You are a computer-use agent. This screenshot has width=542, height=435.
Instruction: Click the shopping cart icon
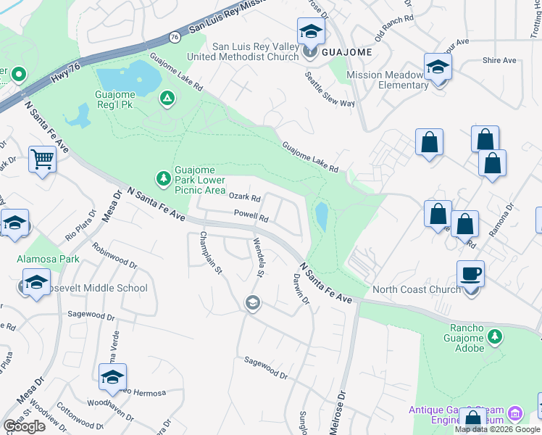(43, 159)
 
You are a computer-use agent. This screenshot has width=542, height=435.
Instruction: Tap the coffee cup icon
(471, 274)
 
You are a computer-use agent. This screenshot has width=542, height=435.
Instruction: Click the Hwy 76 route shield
(175, 36)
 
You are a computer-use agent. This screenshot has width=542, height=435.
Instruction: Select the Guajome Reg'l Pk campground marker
(167, 97)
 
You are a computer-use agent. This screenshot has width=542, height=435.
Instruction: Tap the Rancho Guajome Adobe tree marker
(495, 336)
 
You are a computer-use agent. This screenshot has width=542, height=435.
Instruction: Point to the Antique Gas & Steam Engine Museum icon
(515, 414)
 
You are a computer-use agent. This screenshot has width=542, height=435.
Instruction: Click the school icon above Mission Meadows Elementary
(438, 67)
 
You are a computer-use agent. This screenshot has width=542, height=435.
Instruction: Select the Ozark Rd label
(244, 196)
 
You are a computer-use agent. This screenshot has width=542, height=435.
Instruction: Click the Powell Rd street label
(251, 215)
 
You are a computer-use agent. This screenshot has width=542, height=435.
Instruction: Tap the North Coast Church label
(416, 290)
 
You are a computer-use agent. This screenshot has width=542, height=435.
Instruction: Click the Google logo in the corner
(24, 426)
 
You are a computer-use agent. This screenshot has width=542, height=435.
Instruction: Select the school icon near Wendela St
(252, 303)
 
